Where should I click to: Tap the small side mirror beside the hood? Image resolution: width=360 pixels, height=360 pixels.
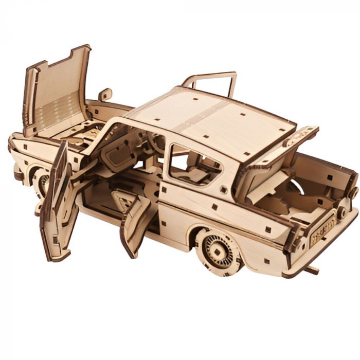pyautogui.click(x=105, y=95)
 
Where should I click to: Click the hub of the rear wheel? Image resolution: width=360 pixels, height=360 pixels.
pyautogui.click(x=217, y=249)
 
